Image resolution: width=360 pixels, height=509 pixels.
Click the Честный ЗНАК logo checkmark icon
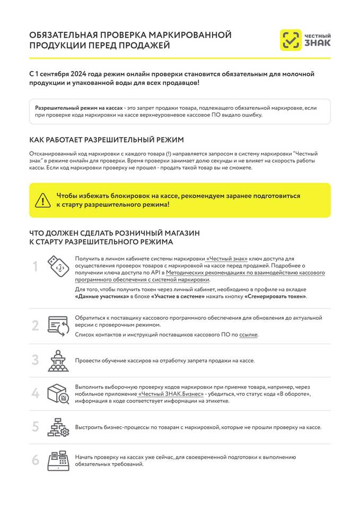[290, 40]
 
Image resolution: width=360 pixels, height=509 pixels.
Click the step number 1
[36, 267]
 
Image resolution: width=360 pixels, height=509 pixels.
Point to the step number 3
[36, 360]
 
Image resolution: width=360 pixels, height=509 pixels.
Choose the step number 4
[36, 393]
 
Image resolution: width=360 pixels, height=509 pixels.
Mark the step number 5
[36, 426]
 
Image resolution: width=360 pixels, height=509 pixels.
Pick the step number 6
[36, 460]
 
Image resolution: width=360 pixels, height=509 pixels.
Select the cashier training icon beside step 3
[58, 360]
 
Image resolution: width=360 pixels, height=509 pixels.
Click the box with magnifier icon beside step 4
[58, 393]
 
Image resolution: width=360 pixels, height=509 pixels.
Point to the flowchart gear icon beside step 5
[58, 427]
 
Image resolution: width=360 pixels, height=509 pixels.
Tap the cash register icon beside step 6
[58, 460]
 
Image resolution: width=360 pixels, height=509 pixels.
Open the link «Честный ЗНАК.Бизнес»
[171, 394]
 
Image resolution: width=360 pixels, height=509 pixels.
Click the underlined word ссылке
[249, 335]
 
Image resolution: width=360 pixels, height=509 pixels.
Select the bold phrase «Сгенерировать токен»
[275, 296]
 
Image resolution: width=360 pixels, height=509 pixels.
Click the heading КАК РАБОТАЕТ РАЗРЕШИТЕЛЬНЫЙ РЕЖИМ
[107, 140]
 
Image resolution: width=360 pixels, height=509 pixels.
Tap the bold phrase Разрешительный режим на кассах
[79, 107]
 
